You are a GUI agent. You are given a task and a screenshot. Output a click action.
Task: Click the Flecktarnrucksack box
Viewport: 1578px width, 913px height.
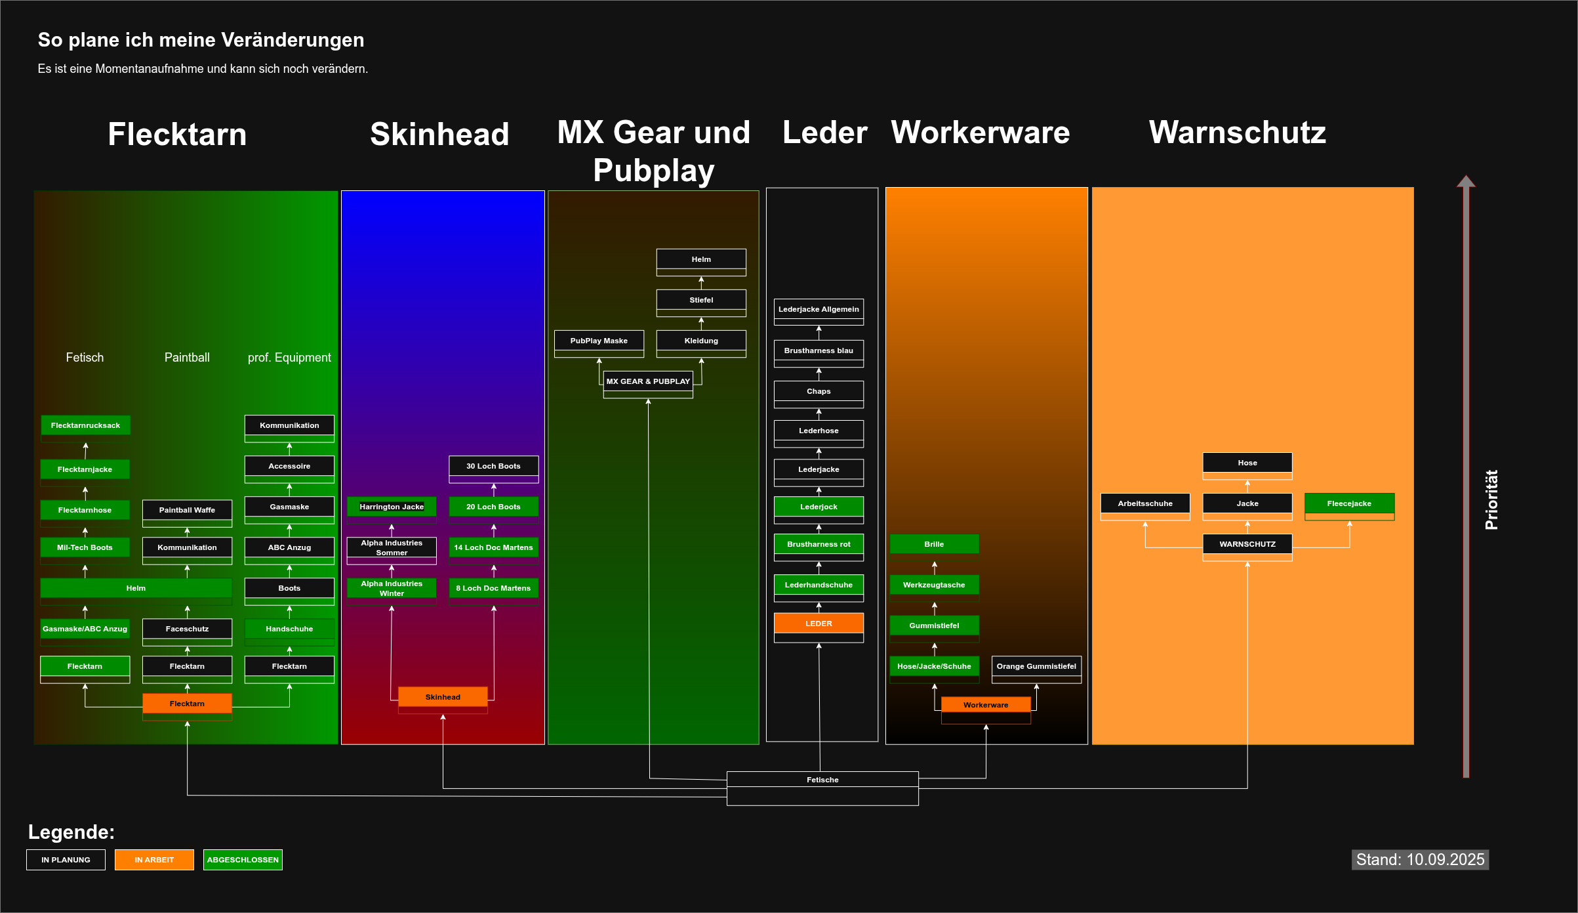85,425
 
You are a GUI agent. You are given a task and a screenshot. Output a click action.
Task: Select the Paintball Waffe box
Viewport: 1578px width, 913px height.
187,510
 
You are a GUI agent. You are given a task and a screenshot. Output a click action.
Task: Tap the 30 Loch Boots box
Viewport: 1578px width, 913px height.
493,466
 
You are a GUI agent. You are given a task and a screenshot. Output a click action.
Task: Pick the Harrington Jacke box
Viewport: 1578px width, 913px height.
392,507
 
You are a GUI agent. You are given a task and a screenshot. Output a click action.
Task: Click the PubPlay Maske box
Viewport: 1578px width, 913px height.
599,341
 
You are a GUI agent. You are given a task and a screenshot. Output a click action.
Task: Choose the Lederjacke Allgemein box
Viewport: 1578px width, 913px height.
819,309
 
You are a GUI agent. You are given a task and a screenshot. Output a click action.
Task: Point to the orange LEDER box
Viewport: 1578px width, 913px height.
819,624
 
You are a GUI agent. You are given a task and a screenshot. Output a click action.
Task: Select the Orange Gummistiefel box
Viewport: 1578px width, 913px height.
1036,666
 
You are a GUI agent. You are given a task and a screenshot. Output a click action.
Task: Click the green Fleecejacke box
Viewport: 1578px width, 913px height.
1349,503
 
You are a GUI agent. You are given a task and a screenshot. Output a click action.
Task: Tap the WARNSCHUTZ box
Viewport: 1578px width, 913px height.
1247,544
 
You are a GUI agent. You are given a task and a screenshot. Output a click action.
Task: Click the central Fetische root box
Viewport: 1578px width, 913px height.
822,780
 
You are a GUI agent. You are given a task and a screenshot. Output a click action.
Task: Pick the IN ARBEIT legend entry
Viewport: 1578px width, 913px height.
154,860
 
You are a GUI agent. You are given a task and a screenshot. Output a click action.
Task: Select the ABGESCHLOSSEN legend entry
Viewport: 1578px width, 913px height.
243,860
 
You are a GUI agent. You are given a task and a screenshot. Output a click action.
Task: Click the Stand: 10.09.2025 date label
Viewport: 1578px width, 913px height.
1420,860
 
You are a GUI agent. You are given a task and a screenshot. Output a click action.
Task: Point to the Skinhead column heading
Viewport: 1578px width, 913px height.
439,135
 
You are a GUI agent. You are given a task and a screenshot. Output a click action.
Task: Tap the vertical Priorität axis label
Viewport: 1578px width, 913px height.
1491,499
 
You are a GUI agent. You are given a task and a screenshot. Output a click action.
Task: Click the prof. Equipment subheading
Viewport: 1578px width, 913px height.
289,358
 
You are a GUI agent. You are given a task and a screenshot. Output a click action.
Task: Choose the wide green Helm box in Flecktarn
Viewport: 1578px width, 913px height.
136,588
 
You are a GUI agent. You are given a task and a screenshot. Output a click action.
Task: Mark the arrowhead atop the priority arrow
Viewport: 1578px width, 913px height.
1466,181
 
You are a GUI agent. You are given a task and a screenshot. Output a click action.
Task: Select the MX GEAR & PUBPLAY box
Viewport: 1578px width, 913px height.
648,381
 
